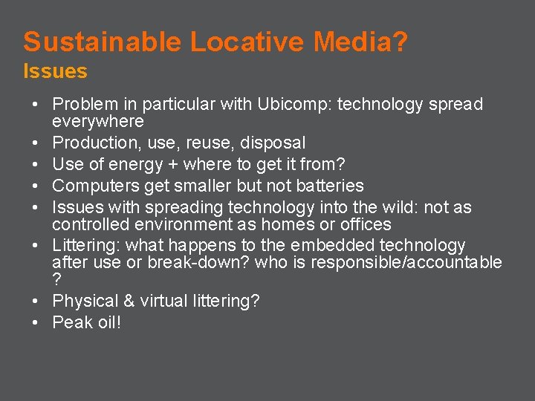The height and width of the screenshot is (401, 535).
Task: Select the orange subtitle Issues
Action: tap(55, 72)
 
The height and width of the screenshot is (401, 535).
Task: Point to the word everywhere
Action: tap(98, 121)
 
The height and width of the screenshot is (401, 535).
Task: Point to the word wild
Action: tap(362, 207)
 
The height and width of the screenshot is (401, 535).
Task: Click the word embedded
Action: tap(332, 246)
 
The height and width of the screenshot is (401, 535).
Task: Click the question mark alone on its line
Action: tap(57, 279)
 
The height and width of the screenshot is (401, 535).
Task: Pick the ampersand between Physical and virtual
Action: tap(123, 301)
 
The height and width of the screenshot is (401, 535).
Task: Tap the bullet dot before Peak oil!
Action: tap(35, 322)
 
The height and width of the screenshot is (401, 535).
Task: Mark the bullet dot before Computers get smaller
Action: tap(35, 186)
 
